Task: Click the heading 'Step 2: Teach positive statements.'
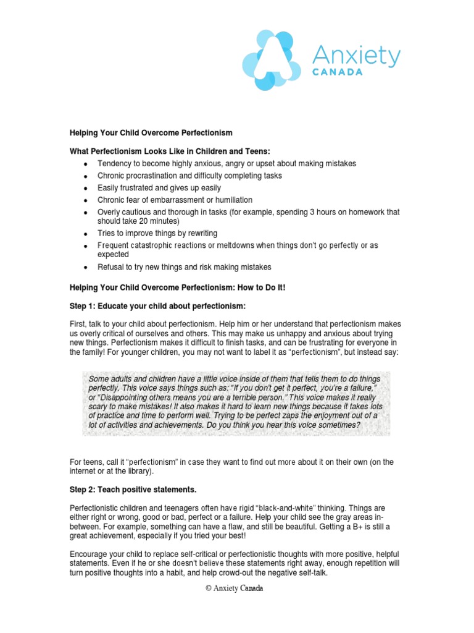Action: click(132, 490)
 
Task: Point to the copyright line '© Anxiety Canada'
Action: click(235, 588)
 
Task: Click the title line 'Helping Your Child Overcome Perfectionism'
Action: click(151, 133)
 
